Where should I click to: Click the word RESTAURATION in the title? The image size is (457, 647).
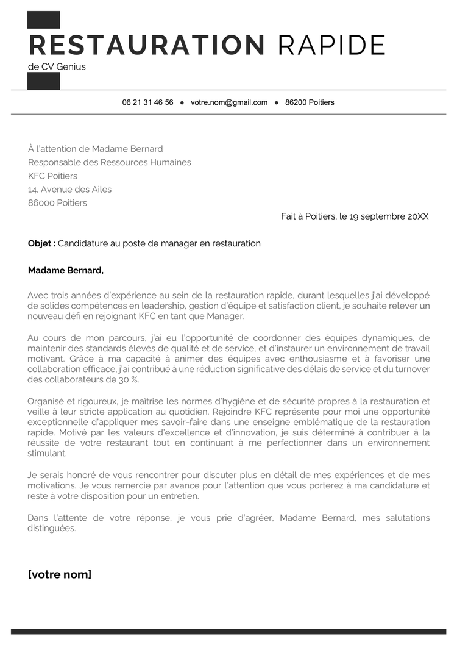tap(147, 45)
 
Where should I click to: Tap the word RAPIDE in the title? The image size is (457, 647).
tap(331, 45)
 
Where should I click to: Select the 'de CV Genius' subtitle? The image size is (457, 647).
tap(57, 67)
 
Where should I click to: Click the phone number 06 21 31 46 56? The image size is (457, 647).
tap(147, 102)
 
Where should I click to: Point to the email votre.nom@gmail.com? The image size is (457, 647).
tap(229, 102)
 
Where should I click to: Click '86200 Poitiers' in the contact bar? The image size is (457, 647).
tap(310, 102)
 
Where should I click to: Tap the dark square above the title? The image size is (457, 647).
tap(44, 20)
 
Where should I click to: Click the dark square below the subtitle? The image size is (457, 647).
tap(44, 80)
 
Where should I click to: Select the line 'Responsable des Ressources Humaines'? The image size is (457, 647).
tap(110, 162)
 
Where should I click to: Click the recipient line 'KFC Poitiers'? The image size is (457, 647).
tap(52, 176)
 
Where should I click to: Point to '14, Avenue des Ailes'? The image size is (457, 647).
tap(69, 189)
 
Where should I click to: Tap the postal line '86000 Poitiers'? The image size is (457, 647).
tap(57, 202)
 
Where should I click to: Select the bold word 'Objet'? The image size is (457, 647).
tap(41, 243)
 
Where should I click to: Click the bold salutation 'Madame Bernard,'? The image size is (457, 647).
tap(66, 270)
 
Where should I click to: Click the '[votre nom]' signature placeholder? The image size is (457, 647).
tap(60, 574)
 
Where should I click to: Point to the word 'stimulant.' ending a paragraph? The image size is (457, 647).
tap(47, 453)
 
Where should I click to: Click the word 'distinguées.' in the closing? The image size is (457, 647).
tap(52, 528)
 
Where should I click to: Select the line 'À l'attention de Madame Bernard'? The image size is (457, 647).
tap(96, 149)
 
